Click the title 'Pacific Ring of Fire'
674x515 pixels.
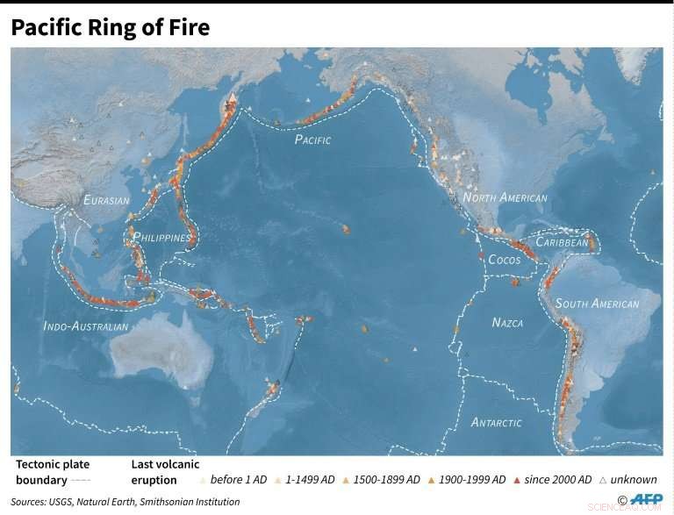click(x=110, y=27)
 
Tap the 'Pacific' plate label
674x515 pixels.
click(x=312, y=139)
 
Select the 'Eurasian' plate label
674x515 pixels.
click(x=106, y=201)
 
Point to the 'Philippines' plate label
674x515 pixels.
click(x=161, y=238)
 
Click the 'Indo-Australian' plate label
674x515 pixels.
click(x=86, y=326)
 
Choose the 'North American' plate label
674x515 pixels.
click(x=505, y=198)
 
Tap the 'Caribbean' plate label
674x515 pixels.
click(x=562, y=241)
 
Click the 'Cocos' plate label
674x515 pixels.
click(x=504, y=260)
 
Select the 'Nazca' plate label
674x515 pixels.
click(x=507, y=323)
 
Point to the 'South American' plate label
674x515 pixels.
click(x=597, y=304)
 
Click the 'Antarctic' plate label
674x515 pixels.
click(x=496, y=422)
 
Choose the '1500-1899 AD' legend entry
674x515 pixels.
click(x=383, y=480)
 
